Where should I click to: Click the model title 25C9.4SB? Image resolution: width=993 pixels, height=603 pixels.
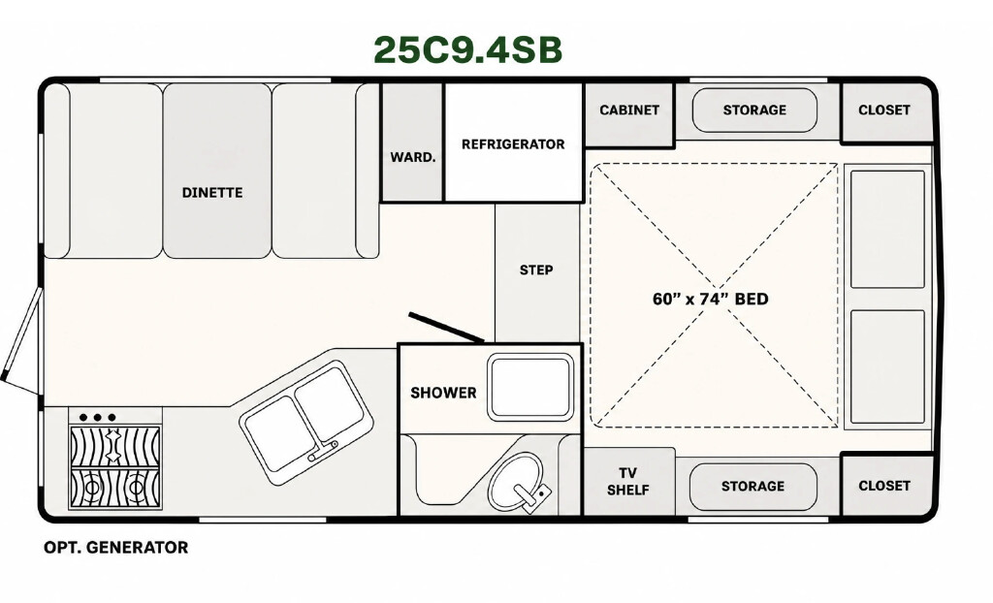[x=467, y=50]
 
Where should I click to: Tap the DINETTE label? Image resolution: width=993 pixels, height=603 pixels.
[x=212, y=193]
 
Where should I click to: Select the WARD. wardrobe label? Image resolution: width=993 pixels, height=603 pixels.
[x=413, y=157]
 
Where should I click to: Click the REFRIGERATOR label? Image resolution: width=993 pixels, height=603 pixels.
[x=513, y=144]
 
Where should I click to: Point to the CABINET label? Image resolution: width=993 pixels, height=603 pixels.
[x=629, y=111]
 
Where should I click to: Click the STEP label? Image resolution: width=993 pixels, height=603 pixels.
[x=536, y=270]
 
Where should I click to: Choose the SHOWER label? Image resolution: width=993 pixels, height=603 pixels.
[x=443, y=393]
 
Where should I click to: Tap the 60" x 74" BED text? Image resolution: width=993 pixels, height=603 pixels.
[x=711, y=299]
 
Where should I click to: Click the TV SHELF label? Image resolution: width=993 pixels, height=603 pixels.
[x=627, y=482]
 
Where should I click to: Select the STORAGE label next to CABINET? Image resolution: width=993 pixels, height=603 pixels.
[x=754, y=111]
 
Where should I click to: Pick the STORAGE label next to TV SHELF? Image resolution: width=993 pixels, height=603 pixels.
[x=753, y=487]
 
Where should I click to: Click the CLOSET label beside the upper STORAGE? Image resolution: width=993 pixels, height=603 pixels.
[x=884, y=111]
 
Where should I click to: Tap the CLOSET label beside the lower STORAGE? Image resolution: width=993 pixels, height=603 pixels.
[x=884, y=486]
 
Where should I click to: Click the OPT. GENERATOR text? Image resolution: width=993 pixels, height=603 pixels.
[x=116, y=548]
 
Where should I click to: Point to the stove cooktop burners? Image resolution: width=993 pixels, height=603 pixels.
[x=114, y=467]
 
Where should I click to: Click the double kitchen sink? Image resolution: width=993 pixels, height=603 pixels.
[x=305, y=423]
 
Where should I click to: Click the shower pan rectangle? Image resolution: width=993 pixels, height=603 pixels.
[x=530, y=387]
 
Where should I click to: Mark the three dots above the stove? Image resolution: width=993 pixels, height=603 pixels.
[x=98, y=418]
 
